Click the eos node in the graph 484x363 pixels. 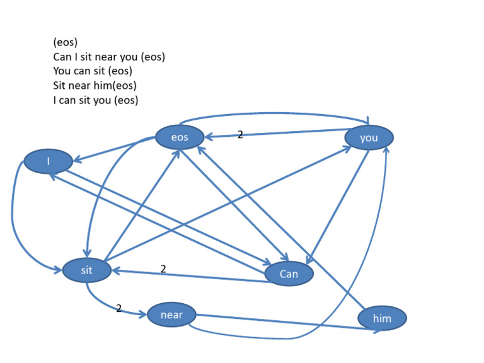point(180,137)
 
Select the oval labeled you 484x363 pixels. point(369,137)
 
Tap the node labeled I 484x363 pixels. point(48,161)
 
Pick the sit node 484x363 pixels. point(87,270)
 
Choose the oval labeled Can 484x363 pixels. point(289,274)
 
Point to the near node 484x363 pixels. point(171,314)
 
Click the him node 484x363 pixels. point(382,318)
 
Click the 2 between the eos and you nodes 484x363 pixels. point(240,134)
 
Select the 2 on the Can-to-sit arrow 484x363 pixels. point(163,268)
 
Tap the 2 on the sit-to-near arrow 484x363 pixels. point(118,308)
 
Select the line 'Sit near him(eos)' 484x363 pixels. point(95,86)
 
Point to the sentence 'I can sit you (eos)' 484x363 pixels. point(96,100)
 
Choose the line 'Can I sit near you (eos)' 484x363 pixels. point(109,57)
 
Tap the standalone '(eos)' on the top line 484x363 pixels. point(66,43)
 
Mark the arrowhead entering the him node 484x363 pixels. point(377,329)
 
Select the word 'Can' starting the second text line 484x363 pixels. point(62,57)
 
